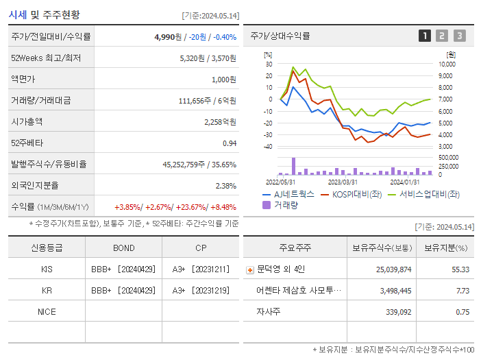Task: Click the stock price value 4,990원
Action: click(169, 36)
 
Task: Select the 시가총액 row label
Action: click(27, 121)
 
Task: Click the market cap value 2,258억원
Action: click(220, 121)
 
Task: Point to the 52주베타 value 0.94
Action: click(229, 143)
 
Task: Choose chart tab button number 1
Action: click(425, 36)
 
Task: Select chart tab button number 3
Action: click(459, 36)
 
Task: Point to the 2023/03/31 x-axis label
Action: click(343, 182)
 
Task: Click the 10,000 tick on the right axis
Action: click(446, 64)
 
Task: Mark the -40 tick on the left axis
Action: click(268, 146)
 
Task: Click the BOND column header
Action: click(123, 248)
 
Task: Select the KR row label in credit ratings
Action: click(47, 290)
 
